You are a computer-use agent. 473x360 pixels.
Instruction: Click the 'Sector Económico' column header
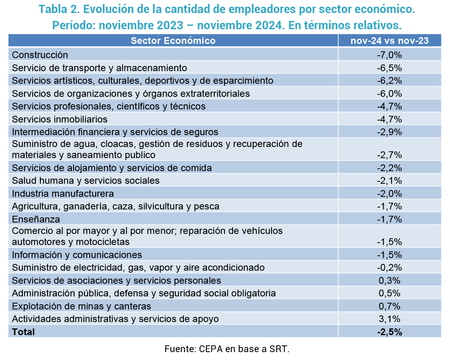coord(173,41)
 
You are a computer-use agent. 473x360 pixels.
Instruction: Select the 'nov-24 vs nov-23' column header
coord(390,41)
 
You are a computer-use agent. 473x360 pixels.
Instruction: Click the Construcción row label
coord(40,55)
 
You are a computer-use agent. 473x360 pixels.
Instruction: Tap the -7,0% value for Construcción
coord(389,55)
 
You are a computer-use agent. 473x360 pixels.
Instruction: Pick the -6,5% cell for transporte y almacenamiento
coord(389,68)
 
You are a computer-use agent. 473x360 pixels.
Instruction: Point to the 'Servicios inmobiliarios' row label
coord(60,119)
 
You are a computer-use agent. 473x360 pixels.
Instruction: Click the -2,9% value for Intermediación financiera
coord(389,132)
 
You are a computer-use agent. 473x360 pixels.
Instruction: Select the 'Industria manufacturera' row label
coord(63,194)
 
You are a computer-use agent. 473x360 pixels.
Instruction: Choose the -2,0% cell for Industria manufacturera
coord(389,194)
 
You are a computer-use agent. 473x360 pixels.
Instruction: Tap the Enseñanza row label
coord(36,219)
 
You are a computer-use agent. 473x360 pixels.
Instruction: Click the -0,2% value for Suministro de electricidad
coord(389,268)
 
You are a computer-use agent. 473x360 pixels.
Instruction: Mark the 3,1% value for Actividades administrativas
coord(389,319)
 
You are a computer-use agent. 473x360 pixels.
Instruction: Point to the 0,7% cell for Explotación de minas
coord(389,306)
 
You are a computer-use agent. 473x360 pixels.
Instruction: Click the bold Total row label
coord(23,332)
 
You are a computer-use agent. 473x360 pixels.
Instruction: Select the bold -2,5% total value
coord(389,332)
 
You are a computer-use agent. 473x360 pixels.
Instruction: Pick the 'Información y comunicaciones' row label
coord(77,255)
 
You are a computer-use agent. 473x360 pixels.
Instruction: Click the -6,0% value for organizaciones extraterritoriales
coord(389,94)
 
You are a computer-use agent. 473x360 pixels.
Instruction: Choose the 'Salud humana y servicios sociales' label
coord(86,181)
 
